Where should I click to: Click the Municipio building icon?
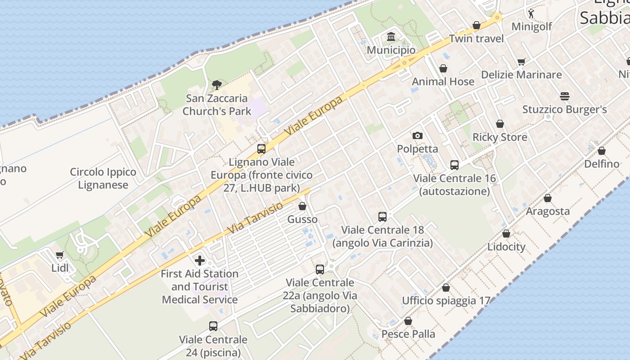(x=391, y=36)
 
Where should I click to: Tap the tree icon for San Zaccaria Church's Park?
(x=216, y=85)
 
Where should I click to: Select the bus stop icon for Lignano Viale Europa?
(x=261, y=148)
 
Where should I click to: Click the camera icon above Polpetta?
(x=418, y=135)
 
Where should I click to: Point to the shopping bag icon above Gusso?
(x=302, y=206)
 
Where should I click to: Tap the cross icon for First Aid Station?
(x=200, y=260)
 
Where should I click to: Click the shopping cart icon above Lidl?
(x=59, y=255)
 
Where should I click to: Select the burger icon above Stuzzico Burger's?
(x=565, y=96)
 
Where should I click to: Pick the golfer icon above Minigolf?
(x=531, y=13)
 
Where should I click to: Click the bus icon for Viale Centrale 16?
(x=454, y=165)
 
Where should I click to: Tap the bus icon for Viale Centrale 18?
(x=382, y=216)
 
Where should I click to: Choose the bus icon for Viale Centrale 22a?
(x=320, y=269)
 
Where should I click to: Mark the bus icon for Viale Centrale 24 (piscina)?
(x=213, y=326)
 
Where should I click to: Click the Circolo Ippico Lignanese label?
(x=103, y=178)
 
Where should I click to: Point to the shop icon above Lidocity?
(x=506, y=234)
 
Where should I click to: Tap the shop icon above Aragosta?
(x=548, y=198)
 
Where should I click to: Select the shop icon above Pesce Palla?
(x=408, y=321)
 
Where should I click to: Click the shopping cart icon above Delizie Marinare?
(x=522, y=62)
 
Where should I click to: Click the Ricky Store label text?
(x=499, y=137)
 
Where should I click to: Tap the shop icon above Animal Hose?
(x=443, y=68)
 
